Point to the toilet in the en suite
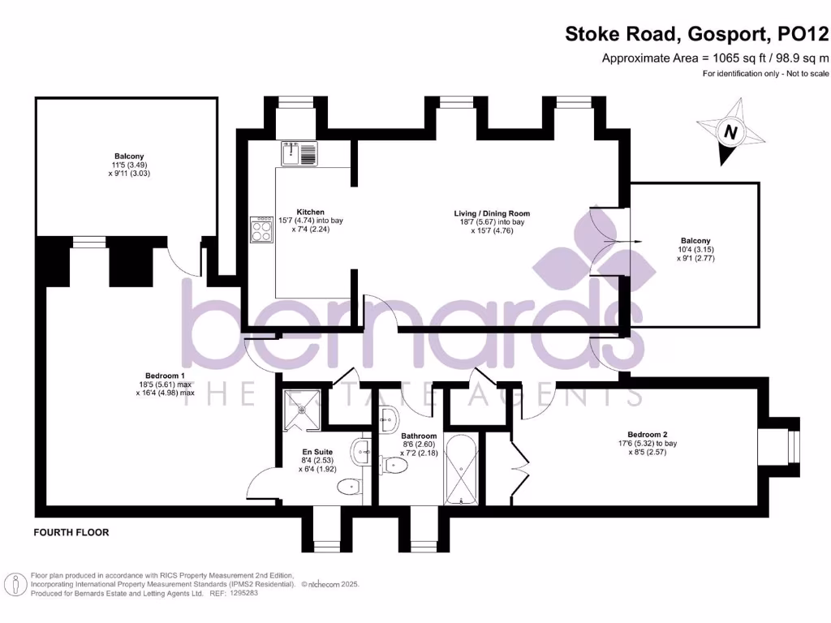pyautogui.click(x=348, y=486)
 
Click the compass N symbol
pyautogui.click(x=731, y=131)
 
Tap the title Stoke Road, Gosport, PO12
pyautogui.click(x=697, y=34)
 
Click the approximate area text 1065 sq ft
pyautogui.click(x=715, y=58)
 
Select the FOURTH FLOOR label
pyautogui.click(x=71, y=533)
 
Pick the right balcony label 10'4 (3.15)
pyautogui.click(x=695, y=250)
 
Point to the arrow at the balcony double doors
pyautogui.click(x=634, y=242)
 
